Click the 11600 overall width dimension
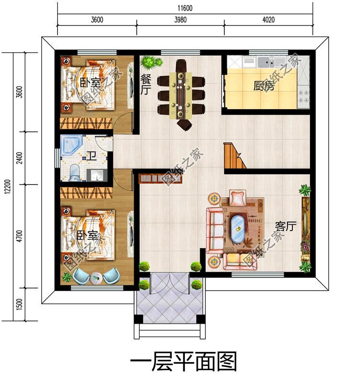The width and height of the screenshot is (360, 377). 185,8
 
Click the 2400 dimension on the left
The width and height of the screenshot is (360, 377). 19,158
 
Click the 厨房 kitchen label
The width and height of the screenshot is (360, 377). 264,86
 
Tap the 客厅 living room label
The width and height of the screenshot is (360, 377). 285,226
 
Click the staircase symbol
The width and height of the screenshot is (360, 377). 235,156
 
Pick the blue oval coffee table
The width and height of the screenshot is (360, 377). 238,229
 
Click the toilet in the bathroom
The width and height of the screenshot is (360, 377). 74,171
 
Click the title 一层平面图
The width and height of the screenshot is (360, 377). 184,360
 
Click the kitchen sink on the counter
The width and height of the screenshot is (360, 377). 264,61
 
